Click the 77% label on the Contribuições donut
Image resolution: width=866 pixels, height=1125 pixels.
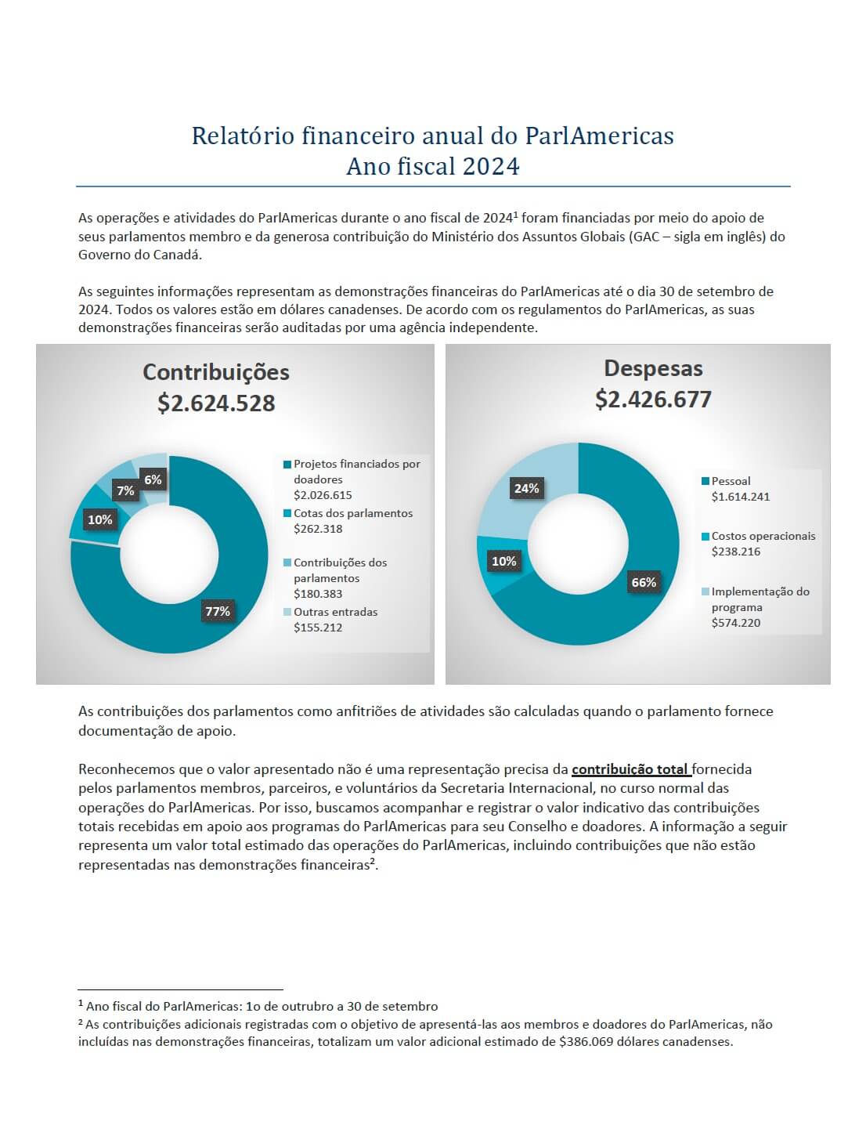[217, 611]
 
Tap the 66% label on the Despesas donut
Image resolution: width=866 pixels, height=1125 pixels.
[643, 582]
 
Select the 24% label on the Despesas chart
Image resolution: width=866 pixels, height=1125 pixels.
[526, 488]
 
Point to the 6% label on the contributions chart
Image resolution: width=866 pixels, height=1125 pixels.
[153, 479]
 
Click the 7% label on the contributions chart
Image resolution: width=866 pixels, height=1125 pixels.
[125, 490]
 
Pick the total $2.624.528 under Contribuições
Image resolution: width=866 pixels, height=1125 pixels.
[216, 403]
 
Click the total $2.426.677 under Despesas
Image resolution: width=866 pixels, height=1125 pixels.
[653, 400]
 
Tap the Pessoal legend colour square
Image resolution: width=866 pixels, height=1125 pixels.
[705, 481]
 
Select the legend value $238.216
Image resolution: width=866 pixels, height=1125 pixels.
[736, 552]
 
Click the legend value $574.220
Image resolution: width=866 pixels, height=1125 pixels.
[736, 622]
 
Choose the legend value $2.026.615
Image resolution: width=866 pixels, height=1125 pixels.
[323, 495]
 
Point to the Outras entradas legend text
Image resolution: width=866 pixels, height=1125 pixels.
[336, 611]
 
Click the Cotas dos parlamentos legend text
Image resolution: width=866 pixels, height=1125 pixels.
[353, 513]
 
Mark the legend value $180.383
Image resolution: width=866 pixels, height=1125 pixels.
[318, 593]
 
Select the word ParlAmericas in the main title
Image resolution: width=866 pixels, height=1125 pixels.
[600, 136]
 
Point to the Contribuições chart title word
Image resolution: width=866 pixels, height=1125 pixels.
[216, 372]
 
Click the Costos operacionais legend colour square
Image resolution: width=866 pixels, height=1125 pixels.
[705, 537]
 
